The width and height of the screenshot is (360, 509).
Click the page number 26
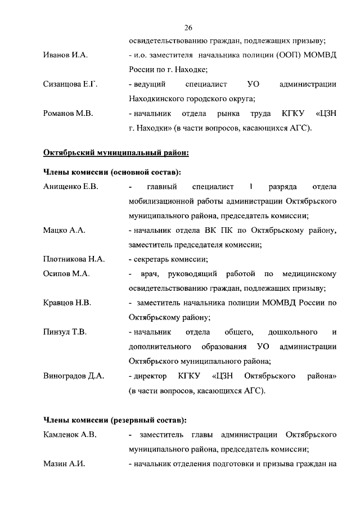188,27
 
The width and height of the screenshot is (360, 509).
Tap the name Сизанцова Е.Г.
70,84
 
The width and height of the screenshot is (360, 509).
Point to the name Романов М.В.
68,114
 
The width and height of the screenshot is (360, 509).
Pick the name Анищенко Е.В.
71,187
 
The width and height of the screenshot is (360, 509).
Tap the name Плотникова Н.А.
74,259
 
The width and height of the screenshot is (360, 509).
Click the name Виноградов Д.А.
74,376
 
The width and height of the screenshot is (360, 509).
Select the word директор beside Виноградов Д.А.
150,376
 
